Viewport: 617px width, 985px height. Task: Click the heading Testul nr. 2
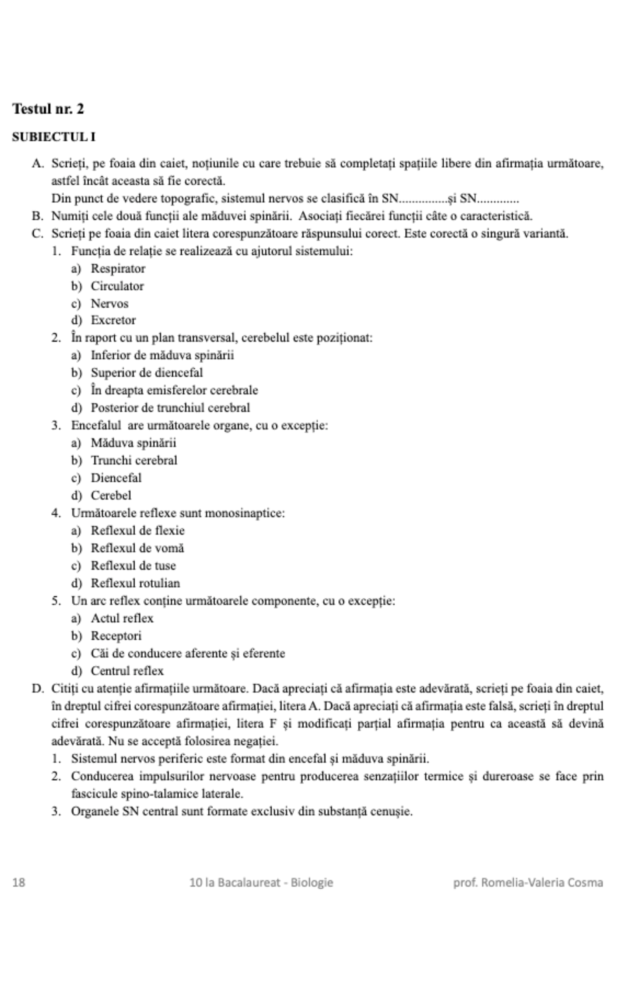(x=48, y=109)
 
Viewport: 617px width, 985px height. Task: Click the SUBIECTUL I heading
(x=54, y=137)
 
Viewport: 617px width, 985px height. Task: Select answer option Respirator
(x=118, y=268)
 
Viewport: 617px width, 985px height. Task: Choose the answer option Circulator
(x=117, y=286)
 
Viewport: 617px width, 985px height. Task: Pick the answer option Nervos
(x=109, y=303)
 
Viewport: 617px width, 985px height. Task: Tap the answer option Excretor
(x=113, y=320)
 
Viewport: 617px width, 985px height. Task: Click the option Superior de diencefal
(x=147, y=373)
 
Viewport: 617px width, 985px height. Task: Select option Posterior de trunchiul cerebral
(x=170, y=408)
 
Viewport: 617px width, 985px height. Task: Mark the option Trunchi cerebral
(x=134, y=460)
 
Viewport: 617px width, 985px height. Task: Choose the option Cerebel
(x=111, y=495)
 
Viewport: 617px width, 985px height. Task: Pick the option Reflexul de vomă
(x=137, y=548)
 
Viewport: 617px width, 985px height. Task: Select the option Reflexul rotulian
(x=135, y=583)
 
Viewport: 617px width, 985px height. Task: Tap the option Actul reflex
(x=122, y=618)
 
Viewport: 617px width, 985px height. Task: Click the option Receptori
(x=116, y=636)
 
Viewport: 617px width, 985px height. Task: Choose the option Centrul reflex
(x=127, y=671)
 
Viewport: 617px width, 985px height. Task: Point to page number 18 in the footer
(x=19, y=882)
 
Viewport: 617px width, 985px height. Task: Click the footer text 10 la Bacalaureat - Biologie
(x=261, y=882)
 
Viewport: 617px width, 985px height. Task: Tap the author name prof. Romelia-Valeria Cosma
(x=528, y=882)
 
